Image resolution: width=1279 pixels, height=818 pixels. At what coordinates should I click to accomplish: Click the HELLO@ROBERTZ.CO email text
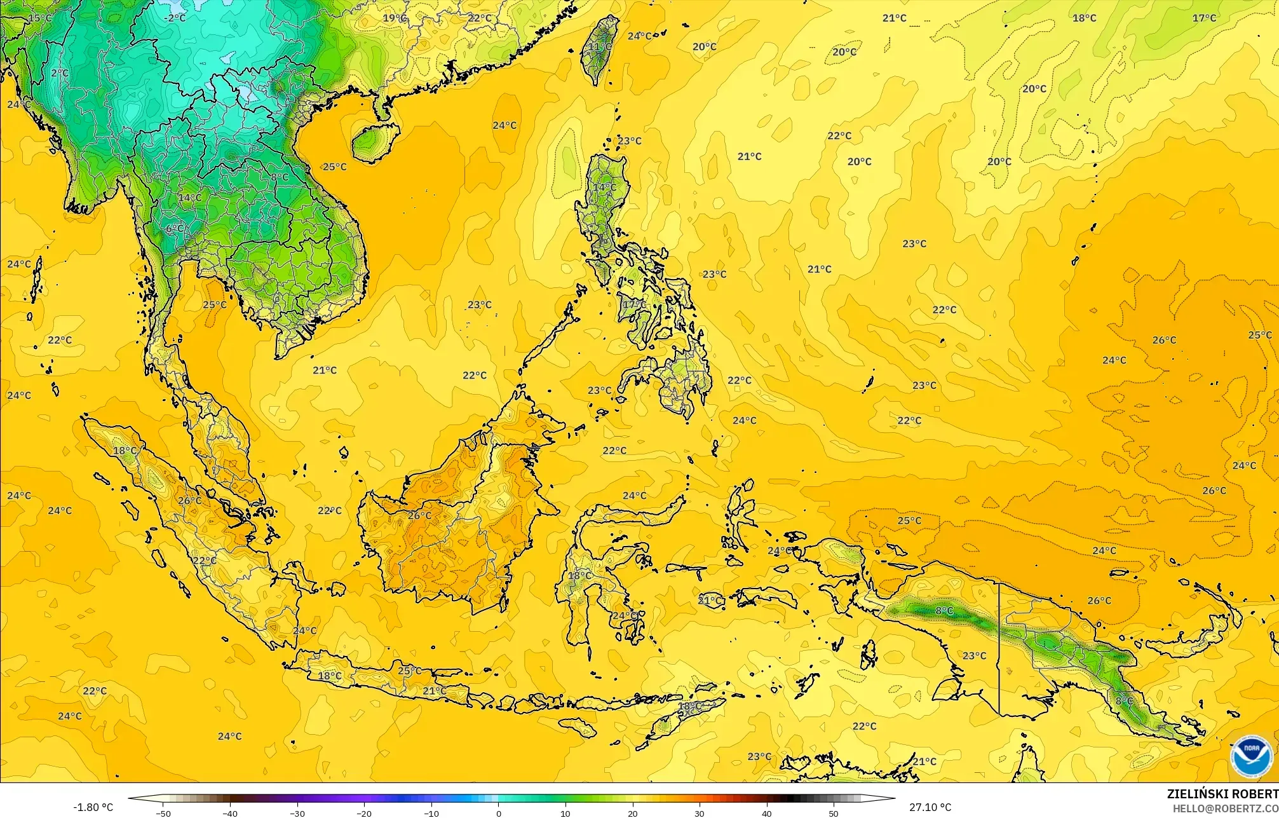tap(1225, 808)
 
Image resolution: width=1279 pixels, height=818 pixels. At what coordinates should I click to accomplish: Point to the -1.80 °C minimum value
tap(93, 808)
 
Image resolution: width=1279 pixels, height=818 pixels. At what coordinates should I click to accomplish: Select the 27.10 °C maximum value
tap(930, 808)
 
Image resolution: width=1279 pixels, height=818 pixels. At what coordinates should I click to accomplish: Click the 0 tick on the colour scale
tap(499, 813)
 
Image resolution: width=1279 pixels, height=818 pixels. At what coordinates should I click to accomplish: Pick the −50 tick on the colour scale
tap(163, 813)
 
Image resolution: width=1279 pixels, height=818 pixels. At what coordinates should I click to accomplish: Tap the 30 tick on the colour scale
tap(700, 813)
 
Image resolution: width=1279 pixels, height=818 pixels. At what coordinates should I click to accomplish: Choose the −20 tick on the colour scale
tap(364, 813)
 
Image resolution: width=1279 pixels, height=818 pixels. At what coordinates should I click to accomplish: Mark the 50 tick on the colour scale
tap(834, 813)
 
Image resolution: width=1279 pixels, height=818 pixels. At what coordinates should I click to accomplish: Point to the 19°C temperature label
tap(394, 18)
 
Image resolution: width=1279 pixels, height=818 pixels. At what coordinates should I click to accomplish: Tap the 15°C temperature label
tap(40, 18)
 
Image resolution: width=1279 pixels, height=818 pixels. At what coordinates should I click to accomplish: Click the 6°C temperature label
tap(175, 229)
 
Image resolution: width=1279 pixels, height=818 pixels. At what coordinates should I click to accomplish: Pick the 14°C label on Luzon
tap(604, 187)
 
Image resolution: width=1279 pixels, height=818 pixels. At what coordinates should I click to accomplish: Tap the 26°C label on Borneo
tap(419, 515)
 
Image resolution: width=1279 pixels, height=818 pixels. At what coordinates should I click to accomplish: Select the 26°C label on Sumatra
tap(189, 501)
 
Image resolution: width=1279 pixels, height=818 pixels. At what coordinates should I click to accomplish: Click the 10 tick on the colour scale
tap(565, 813)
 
